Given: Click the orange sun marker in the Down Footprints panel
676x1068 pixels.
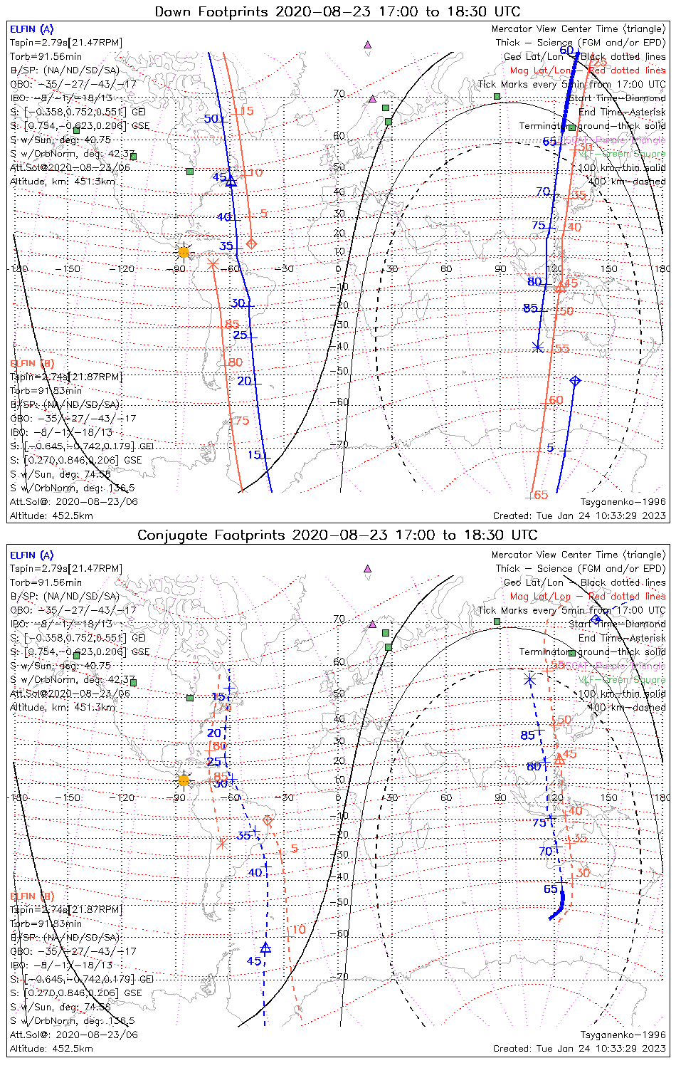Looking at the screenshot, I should tap(184, 252).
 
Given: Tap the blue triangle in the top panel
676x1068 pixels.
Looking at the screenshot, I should tap(231, 182).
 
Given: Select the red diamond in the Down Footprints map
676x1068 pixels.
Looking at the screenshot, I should tap(251, 244).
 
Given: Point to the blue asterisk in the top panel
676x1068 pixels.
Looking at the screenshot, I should tap(538, 347).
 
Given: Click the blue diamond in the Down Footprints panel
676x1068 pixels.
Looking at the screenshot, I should tap(575, 381).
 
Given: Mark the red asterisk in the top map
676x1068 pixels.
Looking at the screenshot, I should tap(212, 263).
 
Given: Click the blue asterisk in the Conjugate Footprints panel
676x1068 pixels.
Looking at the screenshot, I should tap(529, 679).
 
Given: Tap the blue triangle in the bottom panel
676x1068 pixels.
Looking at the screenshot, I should tap(265, 948).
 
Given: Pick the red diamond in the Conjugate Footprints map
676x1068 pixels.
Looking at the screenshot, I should tap(268, 821).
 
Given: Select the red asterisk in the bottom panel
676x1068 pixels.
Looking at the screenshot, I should tap(221, 844).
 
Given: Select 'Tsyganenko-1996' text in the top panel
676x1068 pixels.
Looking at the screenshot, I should tap(623, 502).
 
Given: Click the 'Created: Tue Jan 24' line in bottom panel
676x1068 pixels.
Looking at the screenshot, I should tap(579, 1049).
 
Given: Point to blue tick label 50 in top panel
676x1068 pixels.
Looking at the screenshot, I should tap(211, 119).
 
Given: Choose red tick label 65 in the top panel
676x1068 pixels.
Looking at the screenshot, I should tap(541, 495).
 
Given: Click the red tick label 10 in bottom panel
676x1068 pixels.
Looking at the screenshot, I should tap(299, 929).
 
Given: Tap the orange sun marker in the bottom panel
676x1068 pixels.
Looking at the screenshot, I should tap(184, 780).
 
